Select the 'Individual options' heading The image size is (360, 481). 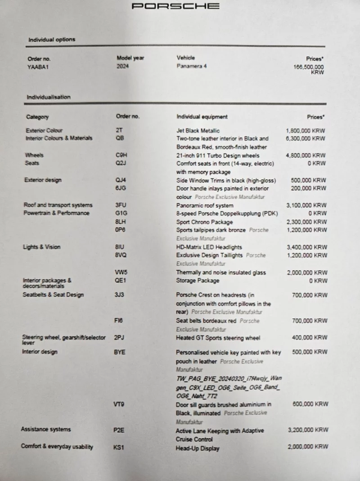[x=52, y=40]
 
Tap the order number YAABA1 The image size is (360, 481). [x=38, y=67]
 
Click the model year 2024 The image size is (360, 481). [x=123, y=66]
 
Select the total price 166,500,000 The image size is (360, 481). [x=308, y=67]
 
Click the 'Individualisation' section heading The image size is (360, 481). [x=49, y=97]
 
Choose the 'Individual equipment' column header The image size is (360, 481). [x=202, y=117]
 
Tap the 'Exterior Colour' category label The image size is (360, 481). [x=44, y=131]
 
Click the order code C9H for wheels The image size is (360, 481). [x=121, y=155]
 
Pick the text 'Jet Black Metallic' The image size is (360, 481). [x=198, y=131]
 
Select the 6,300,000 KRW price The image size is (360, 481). [x=305, y=139]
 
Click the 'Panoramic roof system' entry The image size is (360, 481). [x=205, y=205]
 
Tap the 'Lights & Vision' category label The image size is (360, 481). [x=41, y=247]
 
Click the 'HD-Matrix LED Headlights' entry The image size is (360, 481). [x=209, y=247]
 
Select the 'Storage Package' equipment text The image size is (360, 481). [x=198, y=281]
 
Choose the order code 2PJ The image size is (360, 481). [x=119, y=337]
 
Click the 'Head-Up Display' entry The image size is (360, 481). [x=198, y=449]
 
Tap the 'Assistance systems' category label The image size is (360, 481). [x=45, y=430]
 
